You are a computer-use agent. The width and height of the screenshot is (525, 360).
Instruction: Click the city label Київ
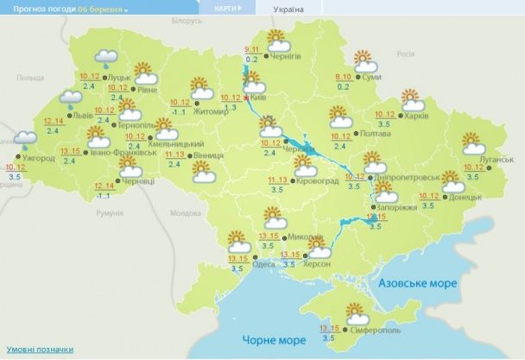point(258,98)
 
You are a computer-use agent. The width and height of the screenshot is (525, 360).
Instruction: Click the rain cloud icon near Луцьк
point(106,59)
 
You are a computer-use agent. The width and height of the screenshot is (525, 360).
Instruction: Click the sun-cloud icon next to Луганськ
point(472,142)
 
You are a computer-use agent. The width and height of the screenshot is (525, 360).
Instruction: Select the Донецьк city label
point(466,197)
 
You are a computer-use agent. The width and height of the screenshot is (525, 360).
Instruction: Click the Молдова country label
point(185,212)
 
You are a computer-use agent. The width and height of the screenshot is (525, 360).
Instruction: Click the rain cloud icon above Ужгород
point(23,136)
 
